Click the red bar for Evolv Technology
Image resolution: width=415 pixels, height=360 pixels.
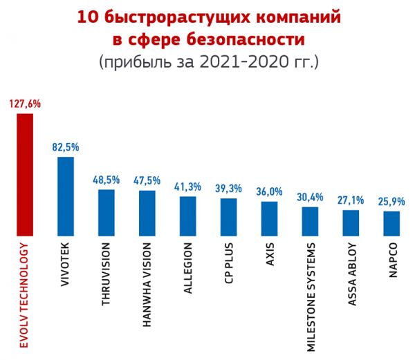coord(25,175)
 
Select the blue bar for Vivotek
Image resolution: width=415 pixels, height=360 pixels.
coord(66,196)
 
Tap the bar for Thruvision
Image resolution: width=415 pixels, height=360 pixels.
coord(107,212)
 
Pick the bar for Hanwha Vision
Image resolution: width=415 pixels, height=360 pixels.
coord(147,213)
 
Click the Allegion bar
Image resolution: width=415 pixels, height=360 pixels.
coord(188,216)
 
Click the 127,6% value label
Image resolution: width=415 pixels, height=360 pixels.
coord(26,104)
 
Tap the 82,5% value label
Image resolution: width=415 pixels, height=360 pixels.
coord(66,147)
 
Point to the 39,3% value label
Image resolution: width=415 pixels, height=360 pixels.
coord(229,189)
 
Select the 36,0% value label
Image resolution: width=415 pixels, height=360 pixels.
coord(269,192)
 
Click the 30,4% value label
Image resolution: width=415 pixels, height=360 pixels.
coord(310,197)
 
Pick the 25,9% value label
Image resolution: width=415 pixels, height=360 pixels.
coord(391,202)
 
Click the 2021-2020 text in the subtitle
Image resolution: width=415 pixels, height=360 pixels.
coord(238,61)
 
